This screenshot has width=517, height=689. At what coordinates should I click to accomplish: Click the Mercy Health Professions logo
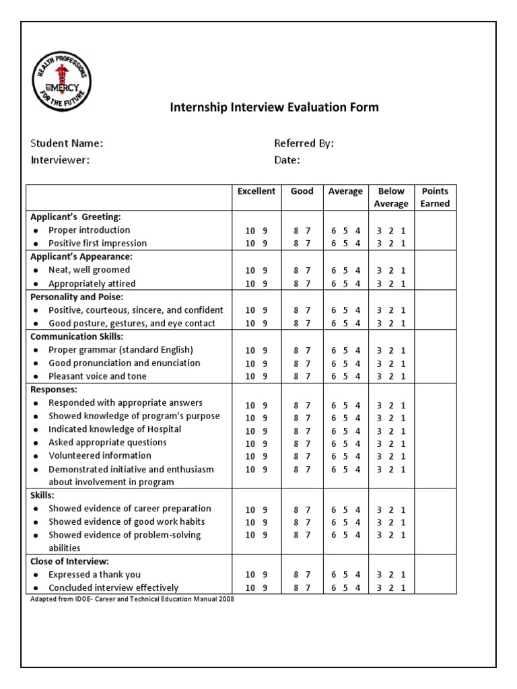[x=62, y=82]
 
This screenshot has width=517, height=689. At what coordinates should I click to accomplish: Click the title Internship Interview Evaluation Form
[x=273, y=107]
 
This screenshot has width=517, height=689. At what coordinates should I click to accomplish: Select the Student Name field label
[x=67, y=143]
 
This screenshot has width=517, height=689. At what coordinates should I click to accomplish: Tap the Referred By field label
[x=304, y=143]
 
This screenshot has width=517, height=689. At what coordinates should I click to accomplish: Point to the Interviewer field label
[x=60, y=160]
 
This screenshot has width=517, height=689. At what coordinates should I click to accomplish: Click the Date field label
[x=287, y=160]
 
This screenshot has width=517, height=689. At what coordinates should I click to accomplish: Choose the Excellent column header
[x=256, y=191]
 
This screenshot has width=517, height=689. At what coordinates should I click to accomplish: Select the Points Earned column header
[x=435, y=197]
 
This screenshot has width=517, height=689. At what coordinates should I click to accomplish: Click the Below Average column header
[x=391, y=197]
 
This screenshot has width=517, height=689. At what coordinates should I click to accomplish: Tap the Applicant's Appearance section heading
[x=81, y=256]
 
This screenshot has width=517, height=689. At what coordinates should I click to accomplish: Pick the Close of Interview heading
[x=69, y=560]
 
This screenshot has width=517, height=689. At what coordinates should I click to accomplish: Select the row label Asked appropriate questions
[x=108, y=443]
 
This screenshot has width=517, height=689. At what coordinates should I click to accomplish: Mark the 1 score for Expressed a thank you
[x=403, y=575]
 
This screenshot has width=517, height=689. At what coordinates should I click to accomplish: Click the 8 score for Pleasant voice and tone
[x=296, y=377]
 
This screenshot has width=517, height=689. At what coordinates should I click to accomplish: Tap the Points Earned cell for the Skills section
[x=435, y=521]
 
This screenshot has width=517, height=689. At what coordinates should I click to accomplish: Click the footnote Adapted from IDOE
[x=131, y=599]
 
